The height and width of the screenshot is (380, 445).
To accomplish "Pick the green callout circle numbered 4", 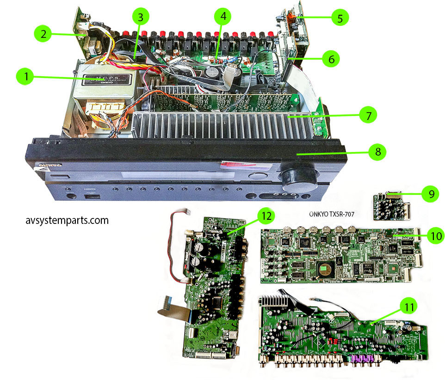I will click(223, 17).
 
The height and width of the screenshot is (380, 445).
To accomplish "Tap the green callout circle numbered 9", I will click(431, 194).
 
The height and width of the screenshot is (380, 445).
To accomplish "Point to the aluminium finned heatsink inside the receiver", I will click(222, 127).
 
